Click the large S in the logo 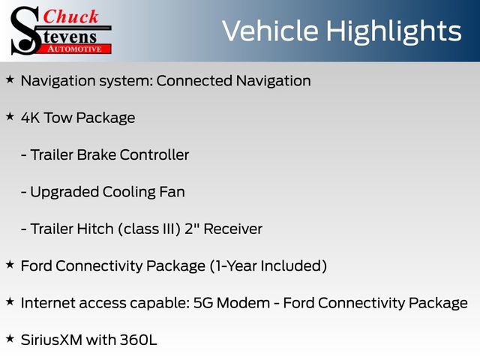[x=25, y=30]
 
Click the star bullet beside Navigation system [x=10, y=79]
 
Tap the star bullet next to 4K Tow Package [x=10, y=117]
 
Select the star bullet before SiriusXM [x=10, y=339]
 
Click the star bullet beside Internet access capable [x=10, y=301]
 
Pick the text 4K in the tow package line [x=31, y=118]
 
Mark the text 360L [x=138, y=340]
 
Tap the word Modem [x=240, y=303]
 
